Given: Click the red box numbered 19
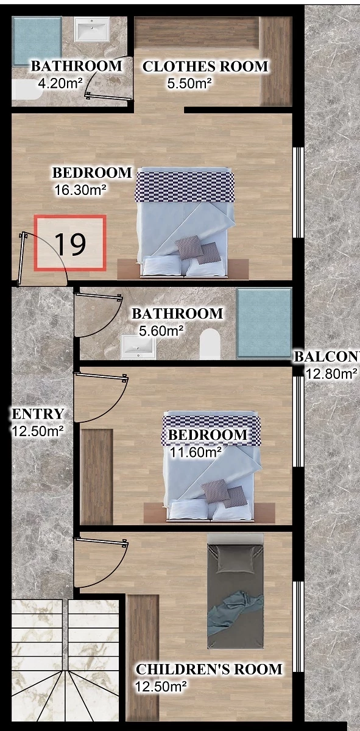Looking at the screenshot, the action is [70, 243].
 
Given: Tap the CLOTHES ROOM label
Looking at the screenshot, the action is [205, 66].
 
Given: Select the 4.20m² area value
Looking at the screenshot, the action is [60, 83].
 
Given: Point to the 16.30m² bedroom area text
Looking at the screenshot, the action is [80, 190].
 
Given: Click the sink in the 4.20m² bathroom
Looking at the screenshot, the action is [92, 29].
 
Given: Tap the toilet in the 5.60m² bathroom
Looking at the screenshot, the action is [210, 344].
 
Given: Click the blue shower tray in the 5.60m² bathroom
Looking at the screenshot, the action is [264, 323].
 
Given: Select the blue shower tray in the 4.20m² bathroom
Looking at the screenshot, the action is [37, 41].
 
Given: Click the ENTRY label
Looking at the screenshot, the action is [38, 414].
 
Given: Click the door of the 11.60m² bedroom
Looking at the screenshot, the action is [101, 398].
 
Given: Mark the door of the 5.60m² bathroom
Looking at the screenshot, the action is [98, 315].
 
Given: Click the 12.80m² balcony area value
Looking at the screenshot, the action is [331, 374].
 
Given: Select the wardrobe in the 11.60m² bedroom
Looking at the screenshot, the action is [97, 477].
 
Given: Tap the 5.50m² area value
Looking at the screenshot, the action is [189, 84].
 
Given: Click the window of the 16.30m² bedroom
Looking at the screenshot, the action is [298, 192].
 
